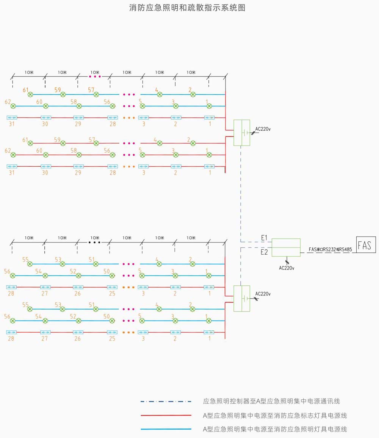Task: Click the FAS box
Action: tap(366, 245)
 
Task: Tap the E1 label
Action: tap(264, 238)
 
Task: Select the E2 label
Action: tap(264, 252)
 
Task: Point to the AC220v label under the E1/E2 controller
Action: tap(287, 268)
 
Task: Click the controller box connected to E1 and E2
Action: tap(286, 247)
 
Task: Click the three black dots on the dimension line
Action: tap(94, 242)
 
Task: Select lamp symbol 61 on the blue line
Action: tap(30, 94)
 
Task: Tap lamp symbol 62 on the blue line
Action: tap(13, 106)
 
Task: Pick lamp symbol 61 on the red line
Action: tap(30, 143)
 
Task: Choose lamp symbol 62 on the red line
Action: tap(13, 155)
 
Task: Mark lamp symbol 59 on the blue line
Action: tap(63, 94)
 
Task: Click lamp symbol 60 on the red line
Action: tap(46, 155)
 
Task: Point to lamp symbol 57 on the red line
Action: tap(96, 143)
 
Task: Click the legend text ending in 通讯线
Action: tap(271, 401)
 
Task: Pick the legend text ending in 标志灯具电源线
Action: tap(275, 415)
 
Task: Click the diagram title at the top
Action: tap(187, 8)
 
